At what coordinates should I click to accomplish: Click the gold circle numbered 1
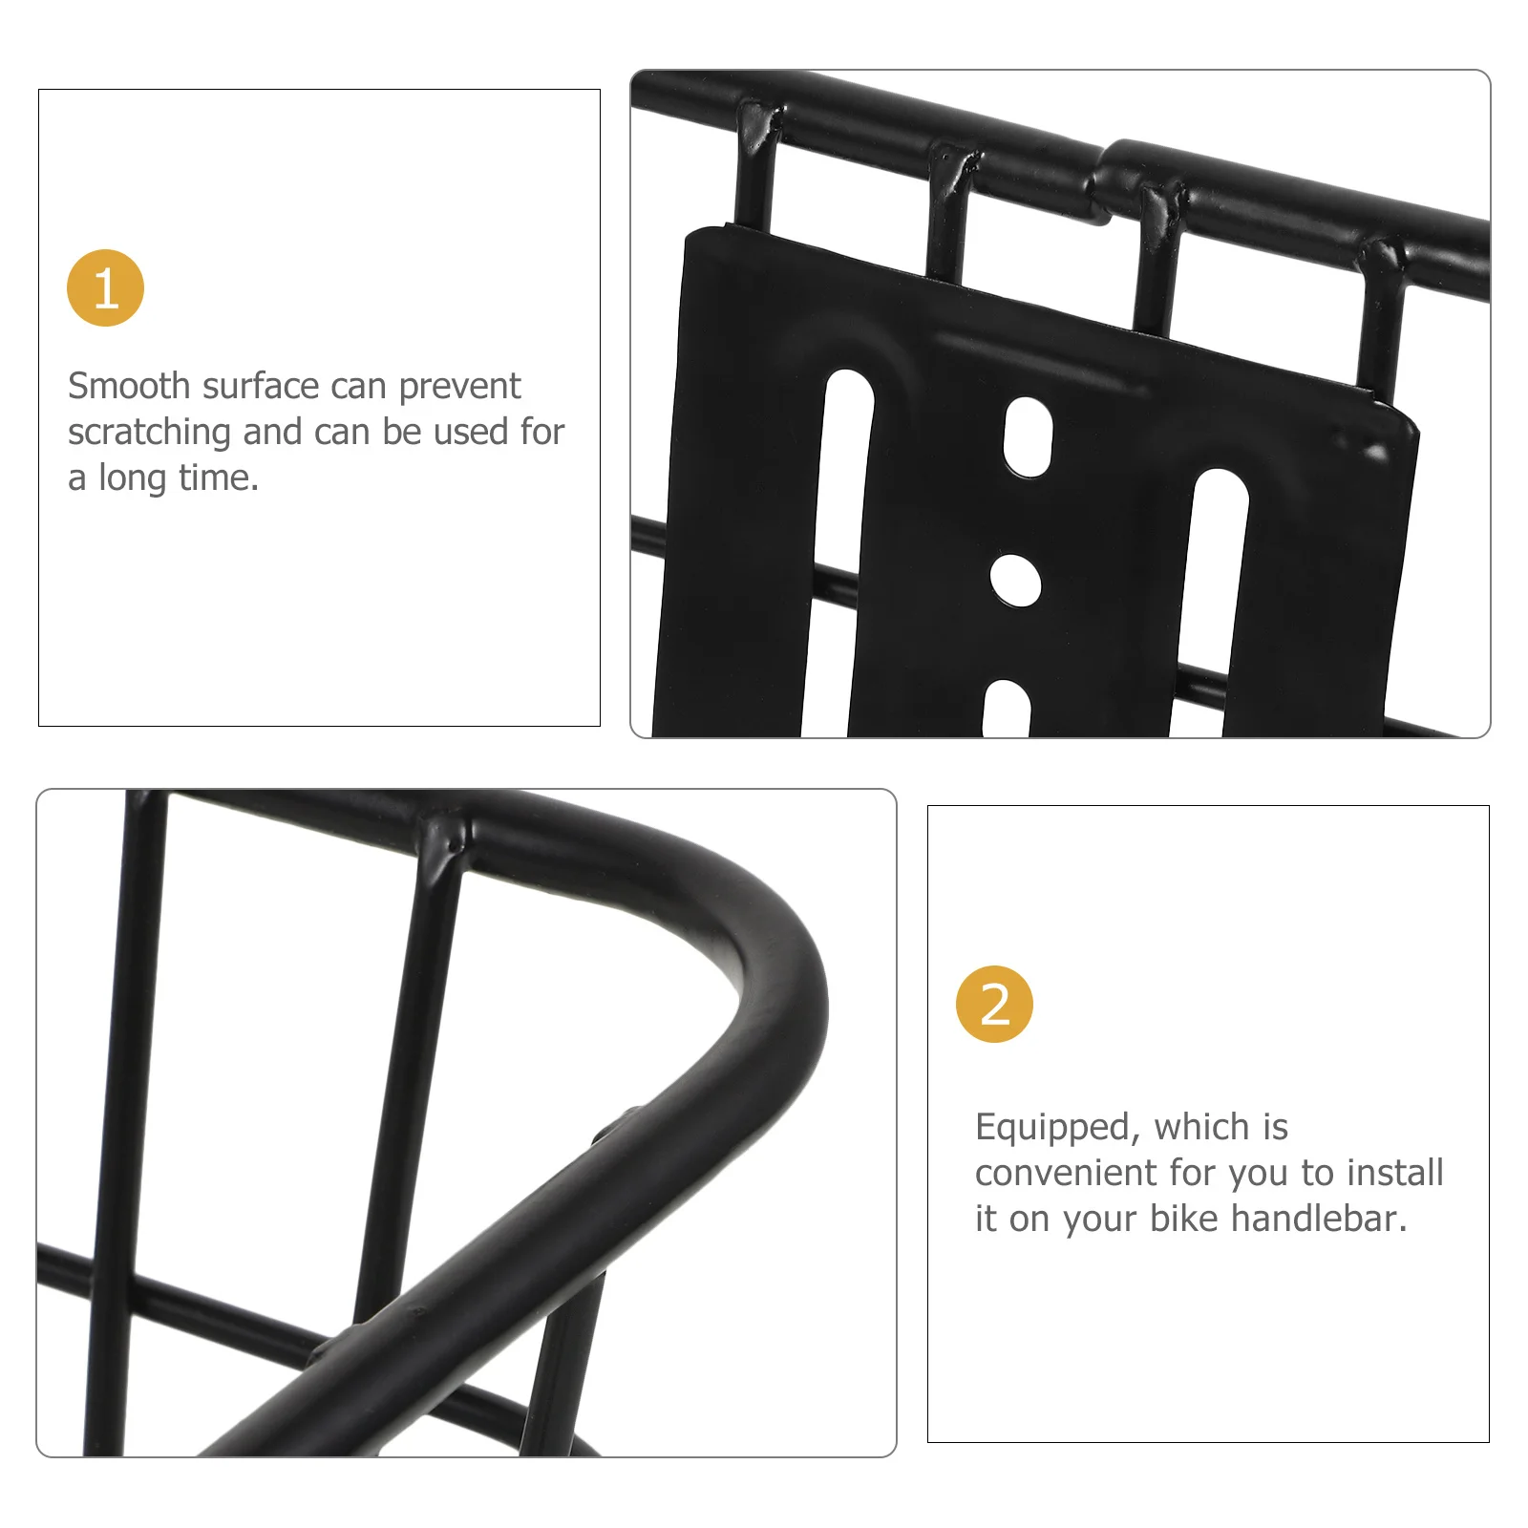pos(105,287)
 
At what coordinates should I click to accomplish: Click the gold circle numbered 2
pos(994,1004)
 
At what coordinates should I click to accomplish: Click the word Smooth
pos(129,386)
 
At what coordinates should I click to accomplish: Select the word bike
pos(1183,1219)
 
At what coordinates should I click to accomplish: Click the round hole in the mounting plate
pos(1015,580)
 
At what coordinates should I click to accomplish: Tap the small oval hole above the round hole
pos(1028,437)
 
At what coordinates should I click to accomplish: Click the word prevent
pos(459,386)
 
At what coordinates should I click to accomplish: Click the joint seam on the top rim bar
pos(1105,181)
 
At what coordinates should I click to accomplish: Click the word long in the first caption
pos(132,477)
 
